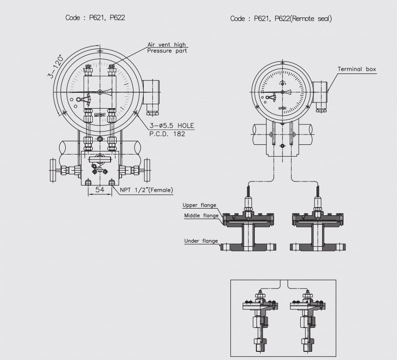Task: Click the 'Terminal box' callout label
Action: [357, 69]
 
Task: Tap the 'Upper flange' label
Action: [199, 205]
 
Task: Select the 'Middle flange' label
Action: [201, 216]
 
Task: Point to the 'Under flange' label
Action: [201, 241]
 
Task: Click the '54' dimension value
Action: [100, 190]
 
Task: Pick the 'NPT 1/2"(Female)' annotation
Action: [146, 190]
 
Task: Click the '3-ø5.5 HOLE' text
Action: [172, 125]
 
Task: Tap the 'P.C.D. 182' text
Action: [167, 134]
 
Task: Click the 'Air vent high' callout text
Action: [167, 44]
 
